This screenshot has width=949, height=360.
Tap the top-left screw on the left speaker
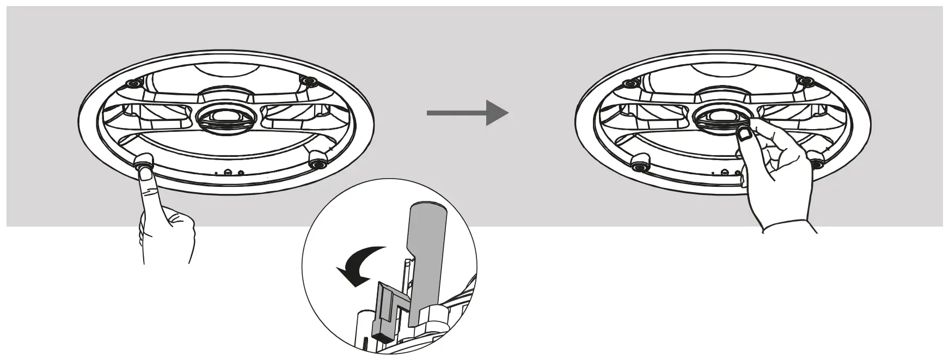132,84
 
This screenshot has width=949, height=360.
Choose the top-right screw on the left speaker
310,83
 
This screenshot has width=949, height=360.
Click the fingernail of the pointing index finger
145,173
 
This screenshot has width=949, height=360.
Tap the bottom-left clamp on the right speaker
641,161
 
